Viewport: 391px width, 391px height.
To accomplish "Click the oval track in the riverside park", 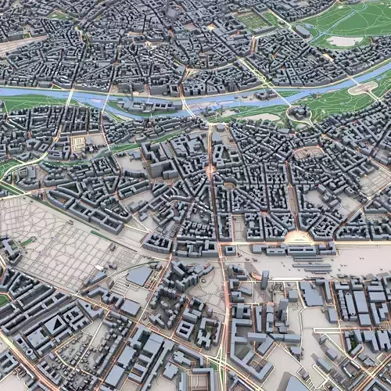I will [x=362, y=88].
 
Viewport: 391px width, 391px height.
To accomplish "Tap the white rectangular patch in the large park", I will [x=345, y=41].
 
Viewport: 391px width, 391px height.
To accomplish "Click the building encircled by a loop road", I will [x=300, y=113].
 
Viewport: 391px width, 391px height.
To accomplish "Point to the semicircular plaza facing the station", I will [x=297, y=238].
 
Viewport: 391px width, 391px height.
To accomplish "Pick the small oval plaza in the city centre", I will [x=229, y=185].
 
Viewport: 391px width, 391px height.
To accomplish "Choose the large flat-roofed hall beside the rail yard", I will [x=139, y=275].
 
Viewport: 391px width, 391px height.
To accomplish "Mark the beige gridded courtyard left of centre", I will [x=77, y=144].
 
